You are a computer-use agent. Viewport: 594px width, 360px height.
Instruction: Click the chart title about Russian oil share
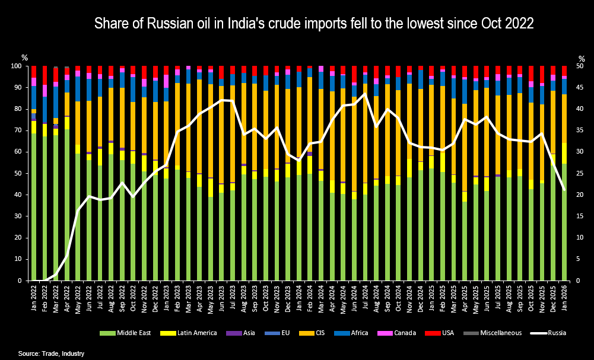[315, 24]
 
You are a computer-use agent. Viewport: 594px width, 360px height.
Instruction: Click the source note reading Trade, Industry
[51, 353]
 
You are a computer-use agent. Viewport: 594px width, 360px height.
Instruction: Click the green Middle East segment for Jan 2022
[34, 208]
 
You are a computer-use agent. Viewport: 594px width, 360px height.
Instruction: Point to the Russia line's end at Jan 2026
[563, 189]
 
